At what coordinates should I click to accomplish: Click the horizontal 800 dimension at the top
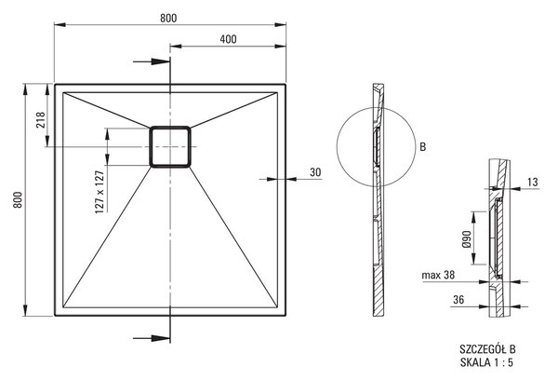(x=168, y=19)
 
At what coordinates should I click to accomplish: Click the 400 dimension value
(x=228, y=39)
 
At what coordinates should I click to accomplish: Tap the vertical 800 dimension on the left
(x=19, y=199)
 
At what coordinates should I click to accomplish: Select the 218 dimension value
(x=40, y=120)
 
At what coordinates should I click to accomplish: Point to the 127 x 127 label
(x=100, y=192)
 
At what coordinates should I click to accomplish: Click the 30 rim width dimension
(x=315, y=172)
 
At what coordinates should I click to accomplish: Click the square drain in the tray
(x=170, y=146)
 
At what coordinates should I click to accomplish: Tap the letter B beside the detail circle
(x=423, y=147)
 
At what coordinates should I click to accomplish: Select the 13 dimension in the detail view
(x=533, y=183)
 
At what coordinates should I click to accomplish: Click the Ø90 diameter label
(x=468, y=238)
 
